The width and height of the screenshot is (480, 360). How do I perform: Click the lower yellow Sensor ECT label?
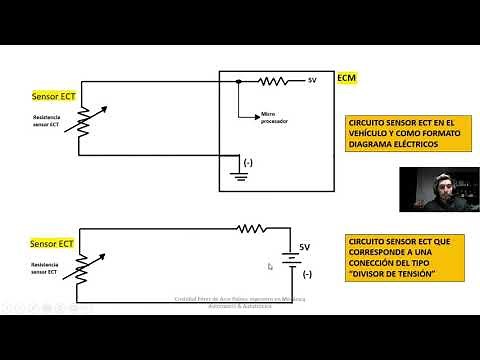52,243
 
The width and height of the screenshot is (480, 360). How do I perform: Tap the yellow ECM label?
346,77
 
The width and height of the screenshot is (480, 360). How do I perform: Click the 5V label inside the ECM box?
312,81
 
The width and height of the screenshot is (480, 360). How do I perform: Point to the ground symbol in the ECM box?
239,177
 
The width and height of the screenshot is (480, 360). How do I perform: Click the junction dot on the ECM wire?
239,81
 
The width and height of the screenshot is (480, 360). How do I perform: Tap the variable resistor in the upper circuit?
81,130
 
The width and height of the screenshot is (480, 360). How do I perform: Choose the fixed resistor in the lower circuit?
250,228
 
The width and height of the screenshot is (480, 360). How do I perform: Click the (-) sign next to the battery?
307,273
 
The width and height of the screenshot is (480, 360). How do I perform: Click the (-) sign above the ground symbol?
249,160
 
